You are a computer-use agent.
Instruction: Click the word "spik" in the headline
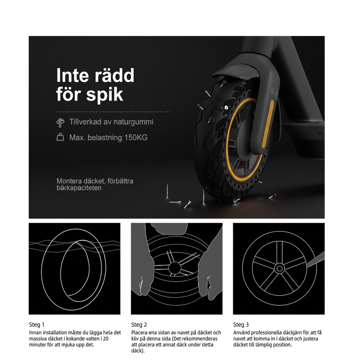[105, 95]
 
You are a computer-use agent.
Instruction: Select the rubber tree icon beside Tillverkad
[60, 123]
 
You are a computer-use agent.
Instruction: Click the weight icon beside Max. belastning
[60, 137]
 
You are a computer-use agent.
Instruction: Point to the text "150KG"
[136, 138]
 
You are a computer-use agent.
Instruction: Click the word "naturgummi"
[133, 122]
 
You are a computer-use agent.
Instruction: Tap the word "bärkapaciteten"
[79, 188]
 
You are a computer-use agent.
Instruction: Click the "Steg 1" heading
[37, 325]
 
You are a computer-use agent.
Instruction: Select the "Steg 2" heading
[139, 325]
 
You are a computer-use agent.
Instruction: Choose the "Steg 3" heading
[241, 325]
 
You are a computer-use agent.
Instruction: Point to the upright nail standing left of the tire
[167, 191]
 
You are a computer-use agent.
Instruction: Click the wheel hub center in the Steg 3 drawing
[280, 268]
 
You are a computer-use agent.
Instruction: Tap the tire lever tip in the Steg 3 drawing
[308, 266]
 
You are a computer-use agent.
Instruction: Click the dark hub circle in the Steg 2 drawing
[175, 268]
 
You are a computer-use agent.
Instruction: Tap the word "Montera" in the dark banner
[69, 181]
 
